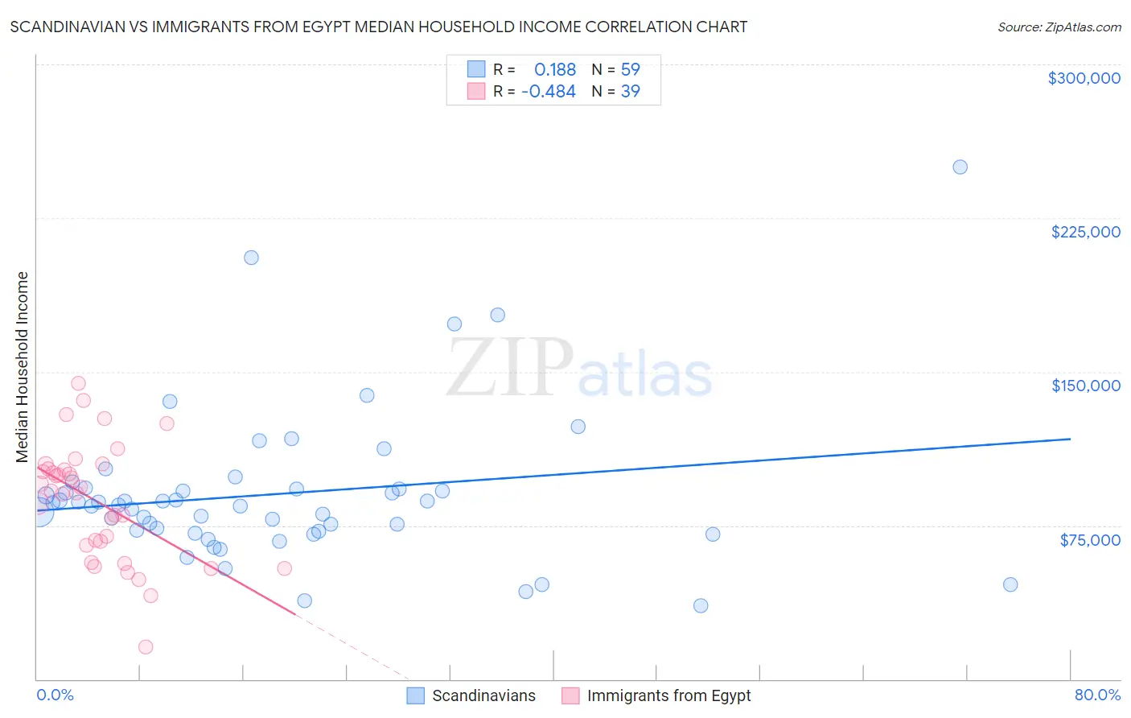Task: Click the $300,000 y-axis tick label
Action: click(x=1084, y=78)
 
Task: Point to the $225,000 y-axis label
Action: click(x=1085, y=232)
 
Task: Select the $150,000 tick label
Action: click(x=1085, y=386)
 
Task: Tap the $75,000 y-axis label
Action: click(x=1089, y=540)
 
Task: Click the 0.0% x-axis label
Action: click(x=55, y=695)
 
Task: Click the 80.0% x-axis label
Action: click(x=1097, y=695)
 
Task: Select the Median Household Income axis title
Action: click(x=23, y=367)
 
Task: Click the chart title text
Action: click(x=379, y=27)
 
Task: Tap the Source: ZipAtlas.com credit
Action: click(x=1059, y=27)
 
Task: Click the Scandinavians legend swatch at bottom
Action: click(x=415, y=695)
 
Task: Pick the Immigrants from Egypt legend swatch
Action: click(x=570, y=695)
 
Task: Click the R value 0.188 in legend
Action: click(x=555, y=69)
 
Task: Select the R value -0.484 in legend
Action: click(x=549, y=92)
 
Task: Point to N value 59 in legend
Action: click(x=630, y=69)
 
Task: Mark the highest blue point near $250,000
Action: click(x=960, y=167)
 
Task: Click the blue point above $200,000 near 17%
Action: click(x=251, y=258)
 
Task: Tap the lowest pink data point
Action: click(x=146, y=647)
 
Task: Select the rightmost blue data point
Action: click(x=1010, y=584)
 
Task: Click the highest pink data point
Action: click(x=78, y=383)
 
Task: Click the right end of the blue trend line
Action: click(x=1070, y=439)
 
